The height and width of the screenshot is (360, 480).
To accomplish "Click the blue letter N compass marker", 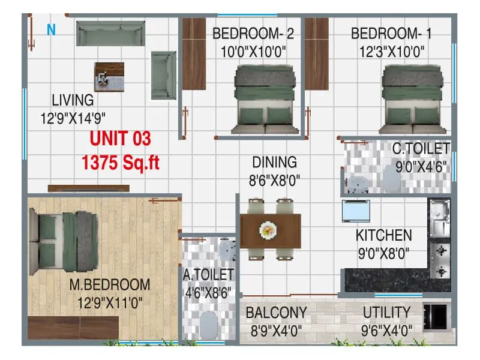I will tap(51, 29).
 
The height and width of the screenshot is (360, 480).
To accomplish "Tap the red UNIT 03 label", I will tap(120, 139).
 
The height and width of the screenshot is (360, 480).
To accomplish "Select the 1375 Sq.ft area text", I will tap(120, 162).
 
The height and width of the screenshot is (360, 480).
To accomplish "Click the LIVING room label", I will tap(73, 100).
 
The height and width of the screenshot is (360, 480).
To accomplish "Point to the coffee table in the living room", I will tap(109, 76).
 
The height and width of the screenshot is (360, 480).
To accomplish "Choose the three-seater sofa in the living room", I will tap(111, 33).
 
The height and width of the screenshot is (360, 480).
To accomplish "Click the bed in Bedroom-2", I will tap(266, 99).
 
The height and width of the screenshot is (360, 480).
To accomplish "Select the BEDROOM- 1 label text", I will tap(391, 34).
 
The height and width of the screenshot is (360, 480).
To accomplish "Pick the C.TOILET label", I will tap(421, 148).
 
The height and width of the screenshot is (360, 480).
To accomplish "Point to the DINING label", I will tap(274, 162).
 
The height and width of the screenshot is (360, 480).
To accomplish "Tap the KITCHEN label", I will tap(383, 235).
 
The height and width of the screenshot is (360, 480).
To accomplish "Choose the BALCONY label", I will tap(276, 313).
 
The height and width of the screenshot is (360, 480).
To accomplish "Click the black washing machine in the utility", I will tap(436, 316).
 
